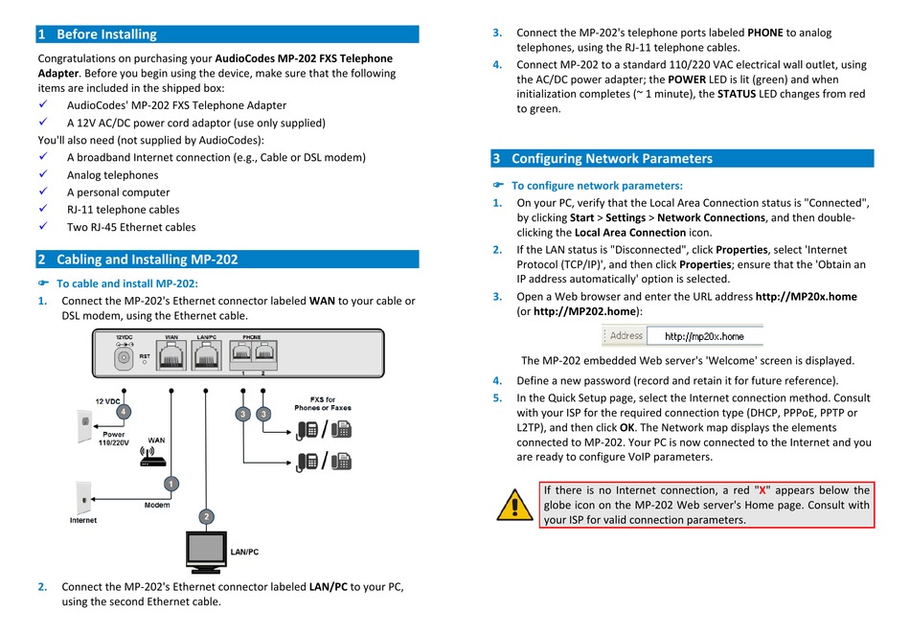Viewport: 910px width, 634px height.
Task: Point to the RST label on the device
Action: [x=145, y=356]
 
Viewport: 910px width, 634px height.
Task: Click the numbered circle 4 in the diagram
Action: [x=124, y=411]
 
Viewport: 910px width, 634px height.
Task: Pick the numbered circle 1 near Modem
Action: [x=171, y=484]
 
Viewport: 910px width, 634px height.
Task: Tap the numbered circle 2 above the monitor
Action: [x=206, y=516]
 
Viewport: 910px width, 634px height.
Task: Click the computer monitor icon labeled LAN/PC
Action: [x=206, y=550]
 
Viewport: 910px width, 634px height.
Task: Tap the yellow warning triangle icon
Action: [x=514, y=505]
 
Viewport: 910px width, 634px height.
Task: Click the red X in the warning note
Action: [x=762, y=490]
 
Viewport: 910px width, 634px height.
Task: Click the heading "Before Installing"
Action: [x=106, y=34]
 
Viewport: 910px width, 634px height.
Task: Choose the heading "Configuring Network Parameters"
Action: [x=611, y=159]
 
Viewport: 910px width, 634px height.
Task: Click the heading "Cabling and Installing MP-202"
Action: [x=147, y=260]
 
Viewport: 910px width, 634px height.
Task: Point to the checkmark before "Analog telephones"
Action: [x=42, y=174]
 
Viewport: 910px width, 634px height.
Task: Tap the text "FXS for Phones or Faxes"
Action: [x=322, y=403]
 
